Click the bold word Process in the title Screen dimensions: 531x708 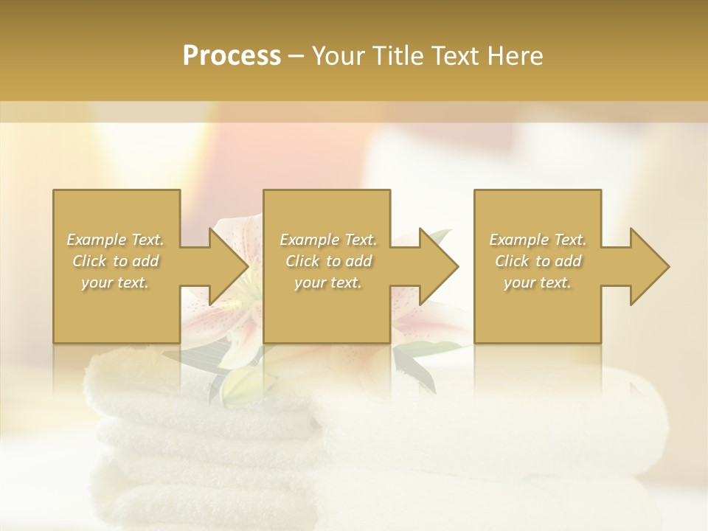(232, 56)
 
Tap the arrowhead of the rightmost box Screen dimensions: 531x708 (648, 266)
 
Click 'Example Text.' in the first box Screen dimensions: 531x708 (115, 240)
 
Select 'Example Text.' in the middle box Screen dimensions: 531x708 (328, 240)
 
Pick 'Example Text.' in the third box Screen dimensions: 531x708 (538, 240)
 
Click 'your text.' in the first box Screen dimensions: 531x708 (115, 282)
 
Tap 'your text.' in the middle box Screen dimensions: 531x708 (328, 282)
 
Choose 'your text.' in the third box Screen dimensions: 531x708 (538, 282)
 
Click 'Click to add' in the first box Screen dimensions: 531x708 (115, 261)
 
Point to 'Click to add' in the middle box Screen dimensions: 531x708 (328, 261)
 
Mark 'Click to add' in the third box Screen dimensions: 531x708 (538, 261)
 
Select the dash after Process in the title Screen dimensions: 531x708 (296, 57)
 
